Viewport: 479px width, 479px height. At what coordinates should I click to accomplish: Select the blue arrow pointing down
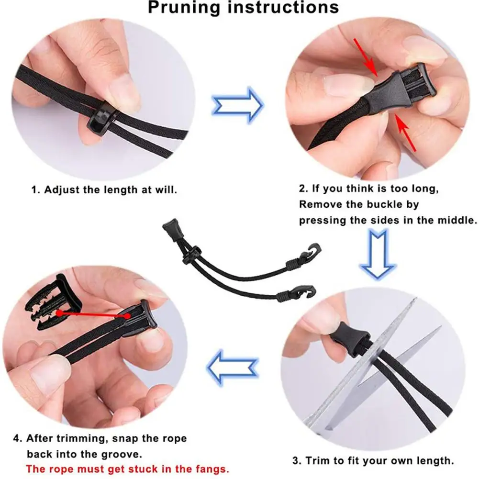click(x=378, y=254)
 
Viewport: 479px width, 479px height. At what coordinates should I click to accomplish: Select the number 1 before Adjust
click(x=34, y=189)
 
